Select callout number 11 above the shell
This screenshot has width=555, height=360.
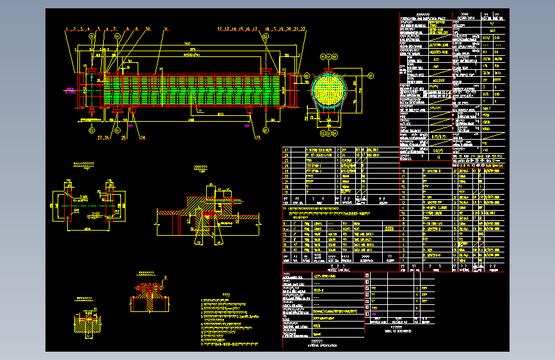click(x=165, y=29)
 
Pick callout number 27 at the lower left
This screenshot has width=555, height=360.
click(x=100, y=137)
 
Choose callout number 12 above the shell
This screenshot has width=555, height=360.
click(x=220, y=29)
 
